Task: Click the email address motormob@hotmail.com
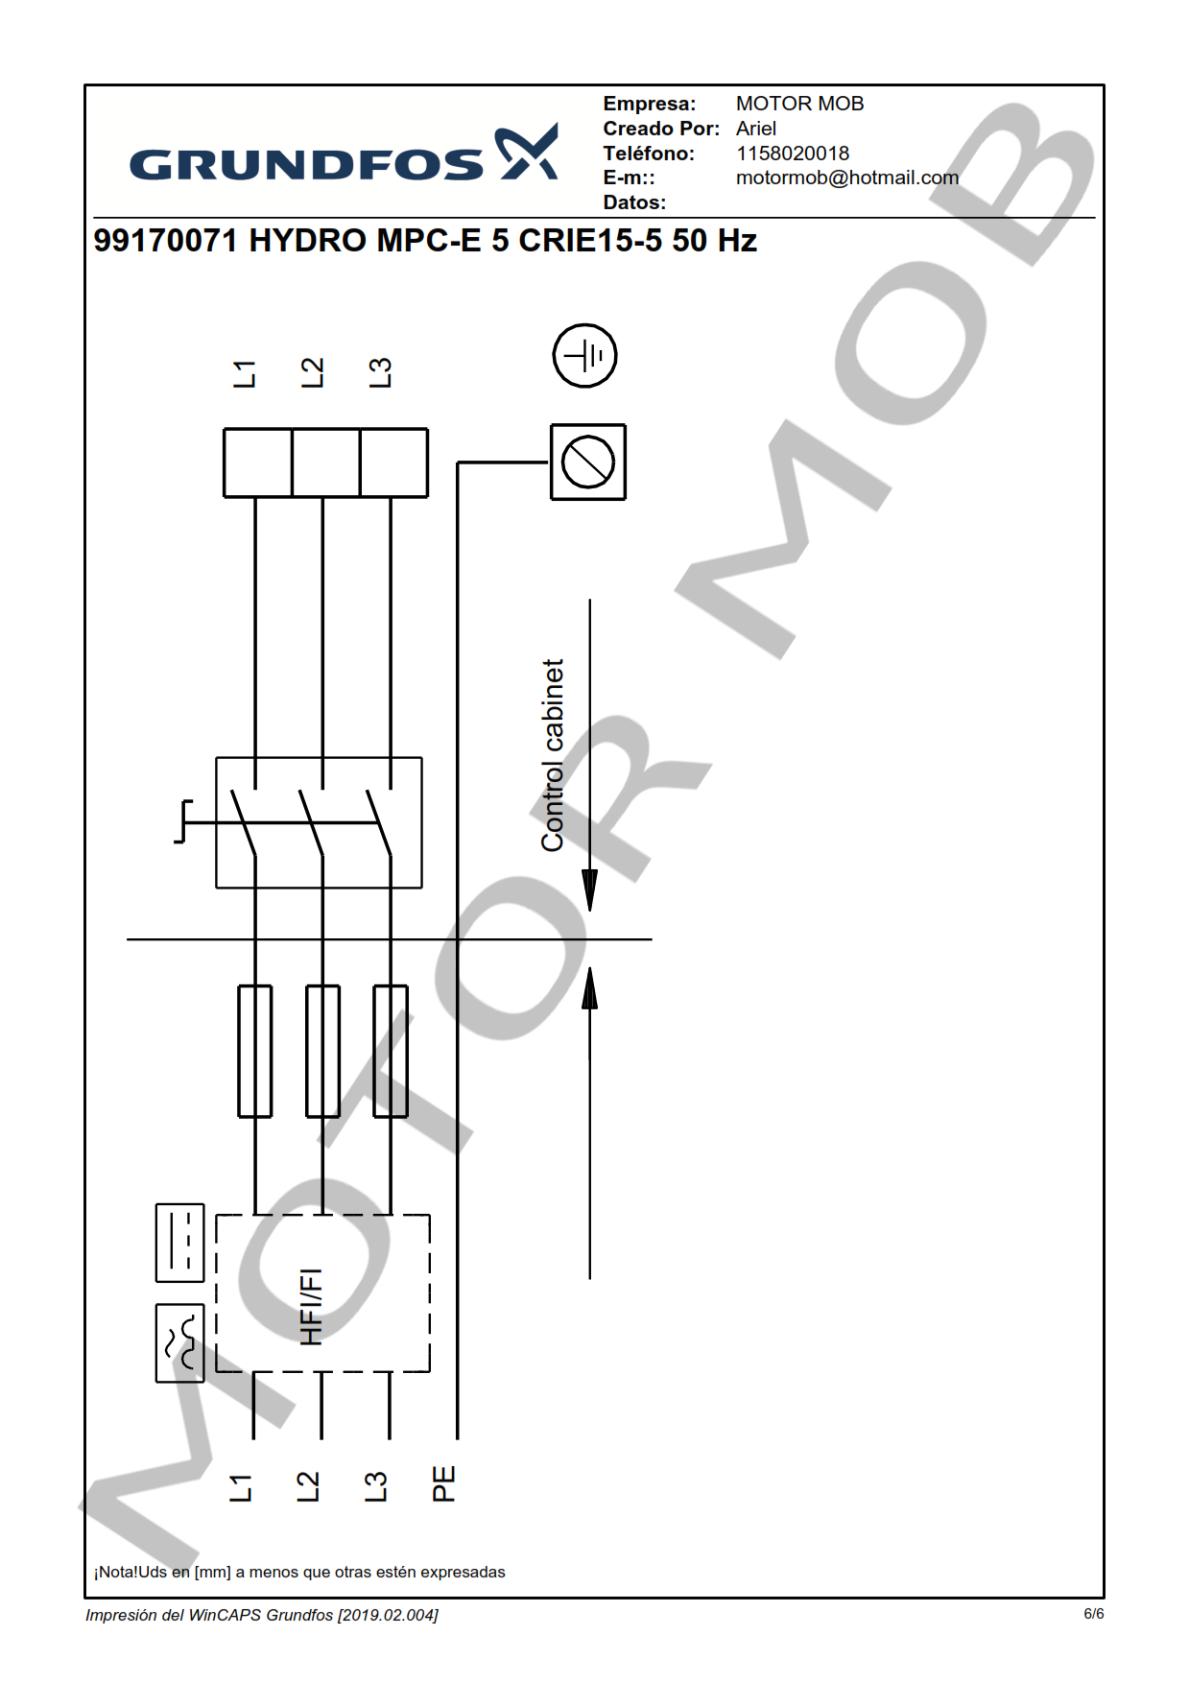pyautogui.click(x=847, y=178)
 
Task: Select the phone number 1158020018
pyautogui.click(x=793, y=154)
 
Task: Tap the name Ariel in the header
pyautogui.click(x=756, y=129)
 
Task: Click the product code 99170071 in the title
pyautogui.click(x=165, y=240)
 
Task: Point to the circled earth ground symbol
pyautogui.click(x=584, y=356)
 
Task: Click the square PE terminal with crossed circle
pyautogui.click(x=588, y=462)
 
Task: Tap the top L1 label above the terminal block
pyautogui.click(x=245, y=374)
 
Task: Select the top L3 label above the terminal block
pyautogui.click(x=380, y=373)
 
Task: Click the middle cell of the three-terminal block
pyautogui.click(x=325, y=462)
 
